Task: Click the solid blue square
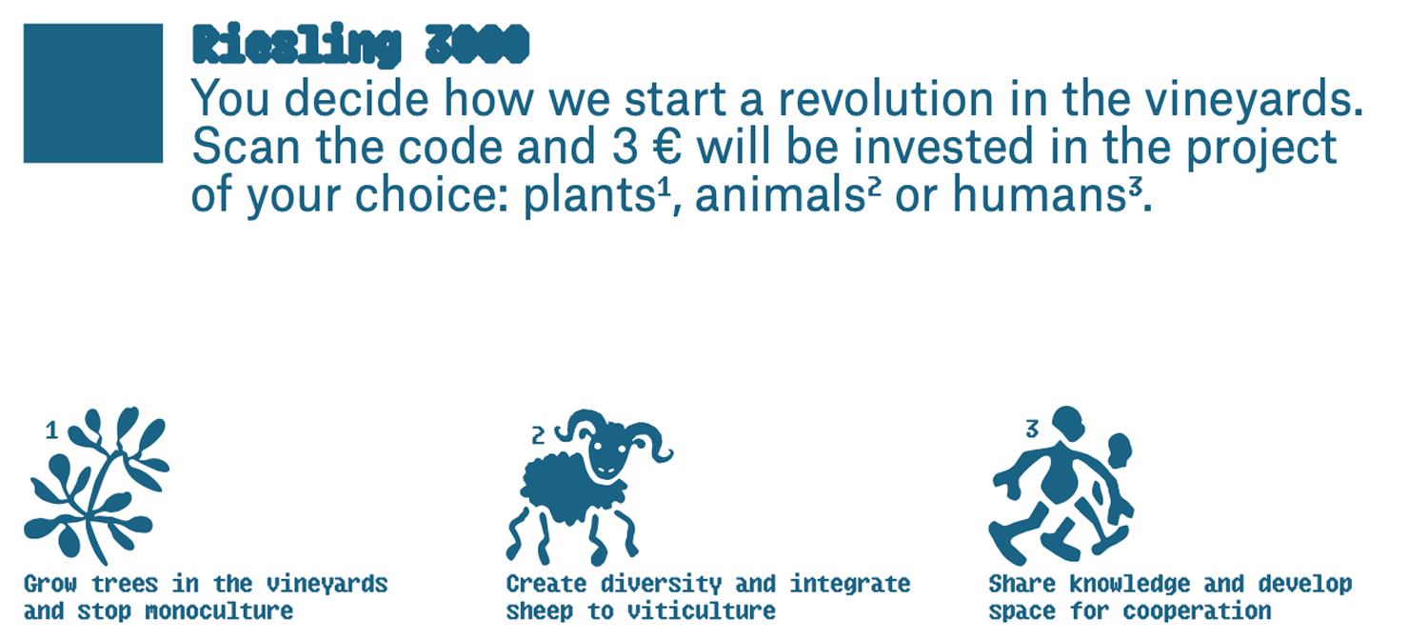[x=93, y=93]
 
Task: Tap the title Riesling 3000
[x=361, y=45]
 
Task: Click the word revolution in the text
[x=885, y=99]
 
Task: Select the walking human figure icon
[x=1061, y=486]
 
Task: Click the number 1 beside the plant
[x=51, y=431]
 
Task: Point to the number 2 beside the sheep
[x=538, y=436]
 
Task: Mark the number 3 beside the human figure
[x=1032, y=429]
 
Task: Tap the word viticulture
[x=702, y=611]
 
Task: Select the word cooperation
[x=1198, y=611]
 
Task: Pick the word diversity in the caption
[x=661, y=584]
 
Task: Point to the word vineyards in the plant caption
[x=327, y=584]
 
